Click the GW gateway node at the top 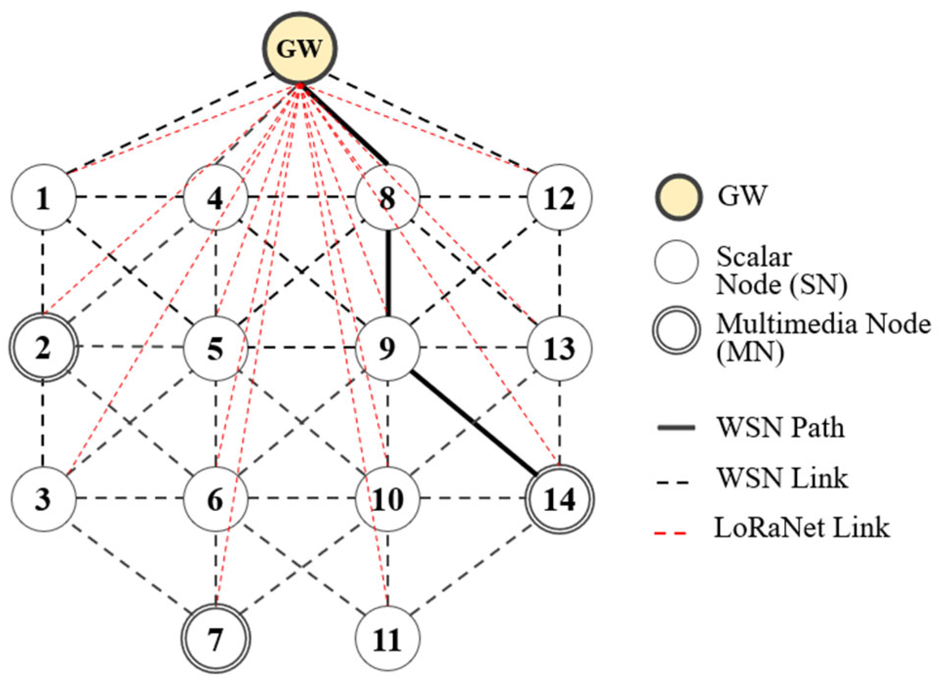click(x=300, y=48)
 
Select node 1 click(x=43, y=198)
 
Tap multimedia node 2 click(x=43, y=348)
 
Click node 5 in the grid click(x=215, y=348)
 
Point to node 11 click(x=387, y=639)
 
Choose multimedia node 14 click(x=560, y=499)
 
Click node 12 click(x=560, y=198)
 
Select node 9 click(x=387, y=348)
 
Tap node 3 click(x=43, y=499)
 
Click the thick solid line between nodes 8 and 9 click(x=388, y=273)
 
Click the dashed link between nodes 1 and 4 click(x=129, y=197)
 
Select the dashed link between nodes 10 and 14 click(x=473, y=499)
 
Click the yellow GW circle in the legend click(x=678, y=196)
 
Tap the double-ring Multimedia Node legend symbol click(x=677, y=330)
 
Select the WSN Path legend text click(x=780, y=428)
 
